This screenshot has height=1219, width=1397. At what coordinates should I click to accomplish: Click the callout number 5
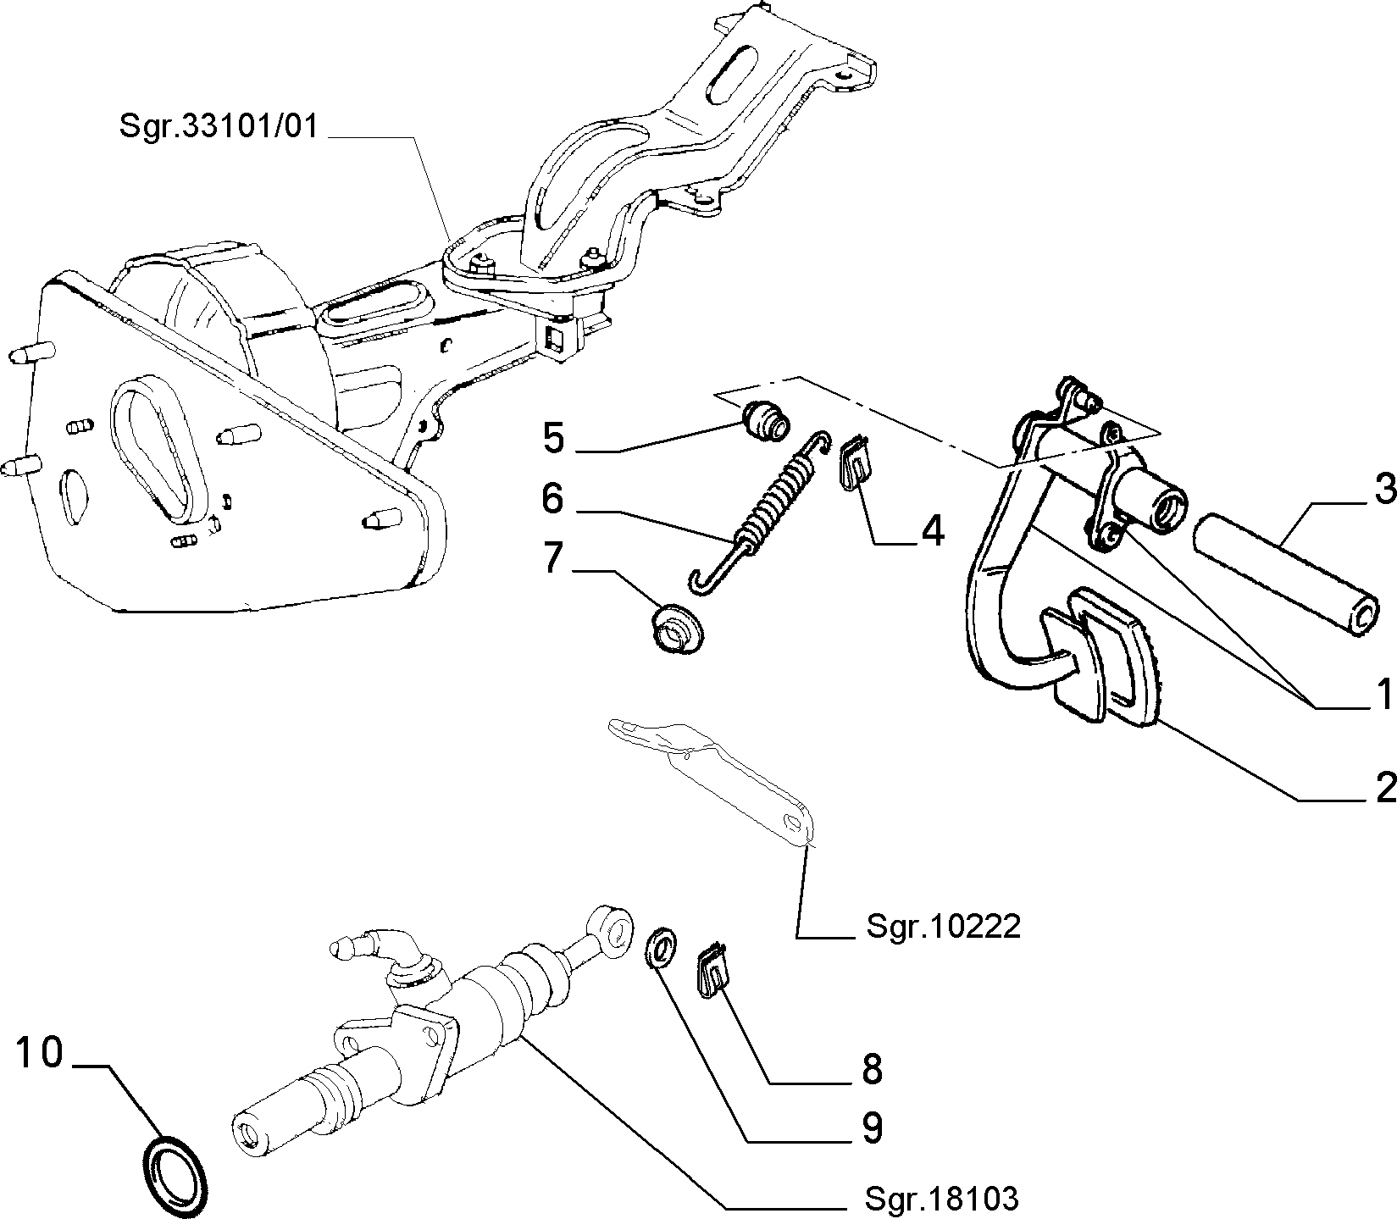553,439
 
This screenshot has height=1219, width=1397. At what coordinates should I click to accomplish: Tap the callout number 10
40,1053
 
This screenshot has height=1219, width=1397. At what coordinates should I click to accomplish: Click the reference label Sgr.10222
943,927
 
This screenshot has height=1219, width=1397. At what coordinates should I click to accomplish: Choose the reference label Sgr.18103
941,1199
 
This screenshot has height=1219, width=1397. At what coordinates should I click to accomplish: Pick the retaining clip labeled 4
855,461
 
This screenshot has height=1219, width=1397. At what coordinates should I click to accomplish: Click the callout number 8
873,1070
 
